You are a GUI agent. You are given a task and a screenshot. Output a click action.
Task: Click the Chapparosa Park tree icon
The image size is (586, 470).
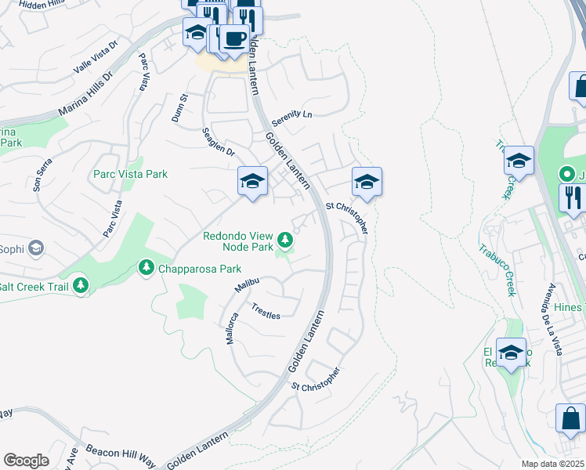pyautogui.click(x=146, y=269)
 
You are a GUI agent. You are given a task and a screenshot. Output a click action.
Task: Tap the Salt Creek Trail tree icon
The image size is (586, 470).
pyautogui.click(x=81, y=287)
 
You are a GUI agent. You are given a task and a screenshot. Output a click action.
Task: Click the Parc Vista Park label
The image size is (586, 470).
pyautogui.click(x=130, y=174)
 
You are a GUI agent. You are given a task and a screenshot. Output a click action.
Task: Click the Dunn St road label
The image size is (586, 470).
pyautogui.click(x=180, y=108)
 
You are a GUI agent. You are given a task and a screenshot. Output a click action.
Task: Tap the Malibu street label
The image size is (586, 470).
pyautogui.click(x=247, y=284)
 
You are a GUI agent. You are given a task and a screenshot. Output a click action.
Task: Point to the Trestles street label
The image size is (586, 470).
pyautogui.click(x=265, y=310)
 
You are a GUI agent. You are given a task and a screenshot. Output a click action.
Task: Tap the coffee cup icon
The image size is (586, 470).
pyautogui.click(x=234, y=38)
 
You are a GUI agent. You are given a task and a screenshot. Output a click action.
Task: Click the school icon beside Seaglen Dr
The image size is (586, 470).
pyautogui.click(x=252, y=182)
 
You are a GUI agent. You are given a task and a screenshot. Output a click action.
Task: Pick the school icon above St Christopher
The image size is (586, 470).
pyautogui.click(x=366, y=183)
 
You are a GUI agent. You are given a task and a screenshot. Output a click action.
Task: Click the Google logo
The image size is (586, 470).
pyautogui.click(x=26, y=461)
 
